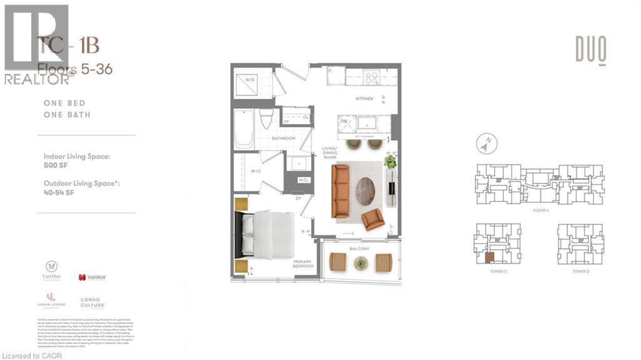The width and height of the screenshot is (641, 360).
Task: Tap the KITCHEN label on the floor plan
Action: [364, 98]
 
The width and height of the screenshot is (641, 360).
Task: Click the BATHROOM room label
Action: [283, 138]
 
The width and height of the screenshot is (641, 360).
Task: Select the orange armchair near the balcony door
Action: [372, 219]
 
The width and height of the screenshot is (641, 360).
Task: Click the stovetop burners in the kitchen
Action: [371, 78]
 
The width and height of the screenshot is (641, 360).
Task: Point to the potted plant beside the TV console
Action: [391, 162]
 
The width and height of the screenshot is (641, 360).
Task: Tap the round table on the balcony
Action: [361, 264]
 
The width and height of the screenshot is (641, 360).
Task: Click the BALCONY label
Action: [360, 249]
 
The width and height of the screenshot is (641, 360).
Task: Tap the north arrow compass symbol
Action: [483, 145]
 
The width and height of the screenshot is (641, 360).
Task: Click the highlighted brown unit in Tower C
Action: [490, 257]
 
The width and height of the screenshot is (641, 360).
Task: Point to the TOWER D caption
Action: [580, 271]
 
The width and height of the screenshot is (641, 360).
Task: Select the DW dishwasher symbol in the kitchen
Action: [343, 122]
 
